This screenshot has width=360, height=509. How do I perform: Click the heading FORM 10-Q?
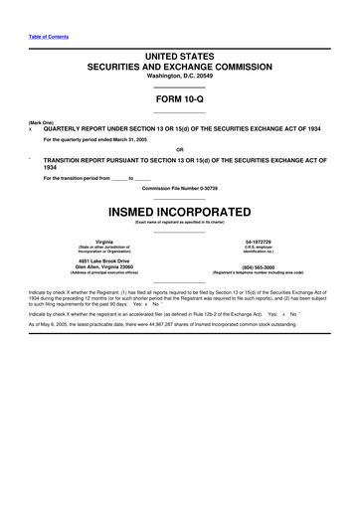179,100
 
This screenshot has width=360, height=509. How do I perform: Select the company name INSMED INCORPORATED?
179,214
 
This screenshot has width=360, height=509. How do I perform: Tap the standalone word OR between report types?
179,151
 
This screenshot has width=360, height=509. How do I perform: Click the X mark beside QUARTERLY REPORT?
31,129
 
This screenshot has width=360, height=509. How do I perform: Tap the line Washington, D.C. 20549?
179,76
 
